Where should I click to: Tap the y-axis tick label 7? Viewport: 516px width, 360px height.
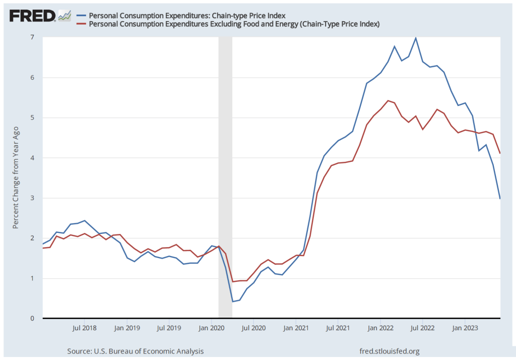(x=32, y=37)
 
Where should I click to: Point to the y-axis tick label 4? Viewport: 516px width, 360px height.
(x=32, y=158)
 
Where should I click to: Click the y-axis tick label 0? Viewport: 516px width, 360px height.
(x=32, y=319)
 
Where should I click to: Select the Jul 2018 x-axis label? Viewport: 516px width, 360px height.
(x=85, y=328)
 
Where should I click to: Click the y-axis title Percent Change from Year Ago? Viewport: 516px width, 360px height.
(x=16, y=176)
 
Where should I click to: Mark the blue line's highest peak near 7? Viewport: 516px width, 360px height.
(x=415, y=38)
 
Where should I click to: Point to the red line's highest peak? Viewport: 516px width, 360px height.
(x=387, y=100)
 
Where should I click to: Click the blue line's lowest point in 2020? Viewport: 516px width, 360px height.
(x=233, y=302)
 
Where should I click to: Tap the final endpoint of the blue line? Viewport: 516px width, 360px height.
(x=500, y=199)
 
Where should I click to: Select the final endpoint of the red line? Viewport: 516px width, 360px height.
(x=500, y=153)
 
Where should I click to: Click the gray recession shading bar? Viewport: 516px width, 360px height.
(x=225, y=176)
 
